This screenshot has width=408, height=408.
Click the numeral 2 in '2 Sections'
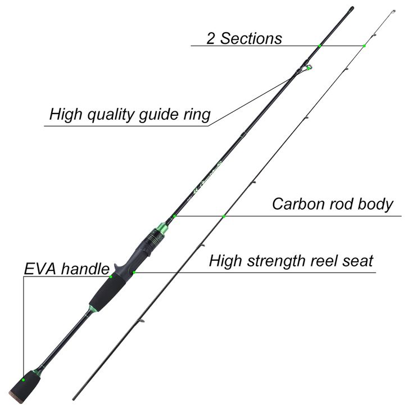211,39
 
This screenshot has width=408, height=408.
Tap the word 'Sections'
251,39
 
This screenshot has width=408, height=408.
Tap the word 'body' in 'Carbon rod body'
375,204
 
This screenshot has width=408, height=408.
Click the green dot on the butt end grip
24,380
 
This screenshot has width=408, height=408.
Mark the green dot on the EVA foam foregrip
111,276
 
